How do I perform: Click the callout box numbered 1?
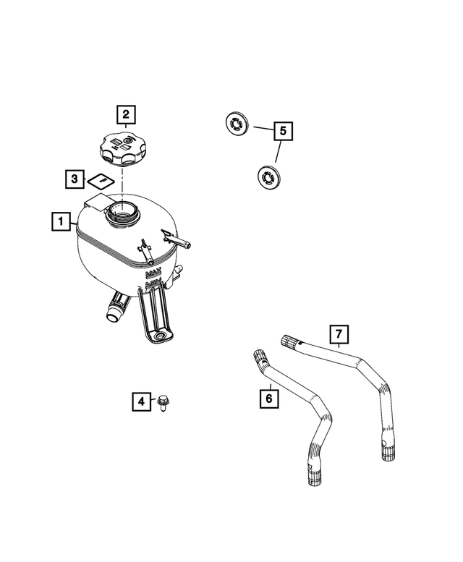tap(61, 221)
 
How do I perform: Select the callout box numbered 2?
tap(126, 114)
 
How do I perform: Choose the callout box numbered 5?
tap(283, 131)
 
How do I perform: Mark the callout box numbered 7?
tap(339, 334)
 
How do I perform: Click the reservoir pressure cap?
tap(124, 148)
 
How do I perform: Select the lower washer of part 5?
tap(269, 176)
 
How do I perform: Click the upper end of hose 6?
tap(259, 357)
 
